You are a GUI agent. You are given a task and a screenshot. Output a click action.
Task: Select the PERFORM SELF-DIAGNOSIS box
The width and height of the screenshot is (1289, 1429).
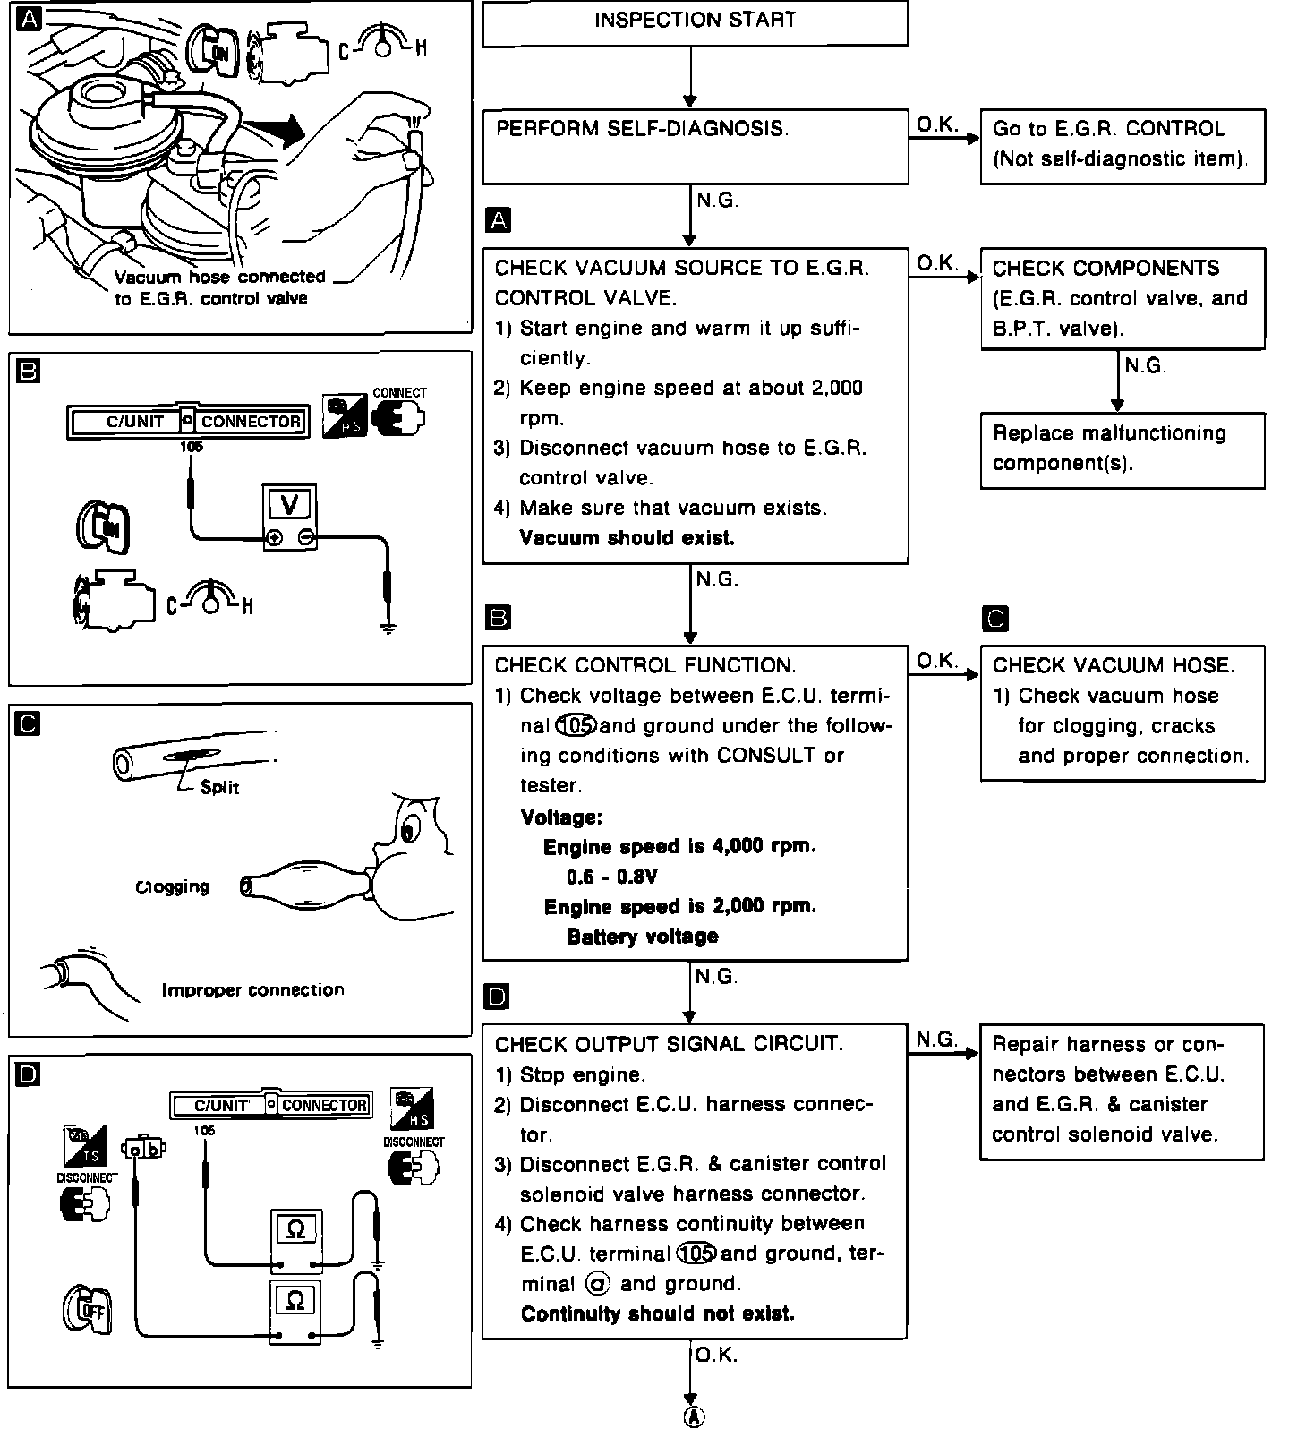tap(695, 146)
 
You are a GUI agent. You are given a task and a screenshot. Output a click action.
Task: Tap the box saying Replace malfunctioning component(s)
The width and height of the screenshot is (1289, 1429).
tap(1123, 449)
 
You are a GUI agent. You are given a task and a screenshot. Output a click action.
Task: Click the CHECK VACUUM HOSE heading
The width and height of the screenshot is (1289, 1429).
tap(1114, 665)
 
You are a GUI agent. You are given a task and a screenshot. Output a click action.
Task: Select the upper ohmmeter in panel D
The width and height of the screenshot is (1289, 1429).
tap(296, 1241)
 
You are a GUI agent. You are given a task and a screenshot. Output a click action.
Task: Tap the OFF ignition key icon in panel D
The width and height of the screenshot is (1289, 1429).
tap(88, 1310)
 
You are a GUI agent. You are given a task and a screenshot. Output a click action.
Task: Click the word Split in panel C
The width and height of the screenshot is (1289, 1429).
tap(219, 788)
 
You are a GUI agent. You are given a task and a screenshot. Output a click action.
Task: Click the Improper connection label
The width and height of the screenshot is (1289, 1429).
tap(252, 990)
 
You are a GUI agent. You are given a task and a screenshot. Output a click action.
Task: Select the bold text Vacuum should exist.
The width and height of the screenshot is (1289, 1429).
tap(627, 538)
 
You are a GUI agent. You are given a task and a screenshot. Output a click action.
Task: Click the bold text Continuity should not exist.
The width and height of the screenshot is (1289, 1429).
tap(657, 1314)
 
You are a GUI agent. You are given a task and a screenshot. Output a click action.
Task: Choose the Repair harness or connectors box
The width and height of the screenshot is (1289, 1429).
tap(1123, 1091)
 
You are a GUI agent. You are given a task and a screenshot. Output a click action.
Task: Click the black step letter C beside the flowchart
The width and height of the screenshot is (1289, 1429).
tap(994, 619)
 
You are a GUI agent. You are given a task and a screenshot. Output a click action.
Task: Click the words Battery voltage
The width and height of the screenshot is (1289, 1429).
tap(642, 937)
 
